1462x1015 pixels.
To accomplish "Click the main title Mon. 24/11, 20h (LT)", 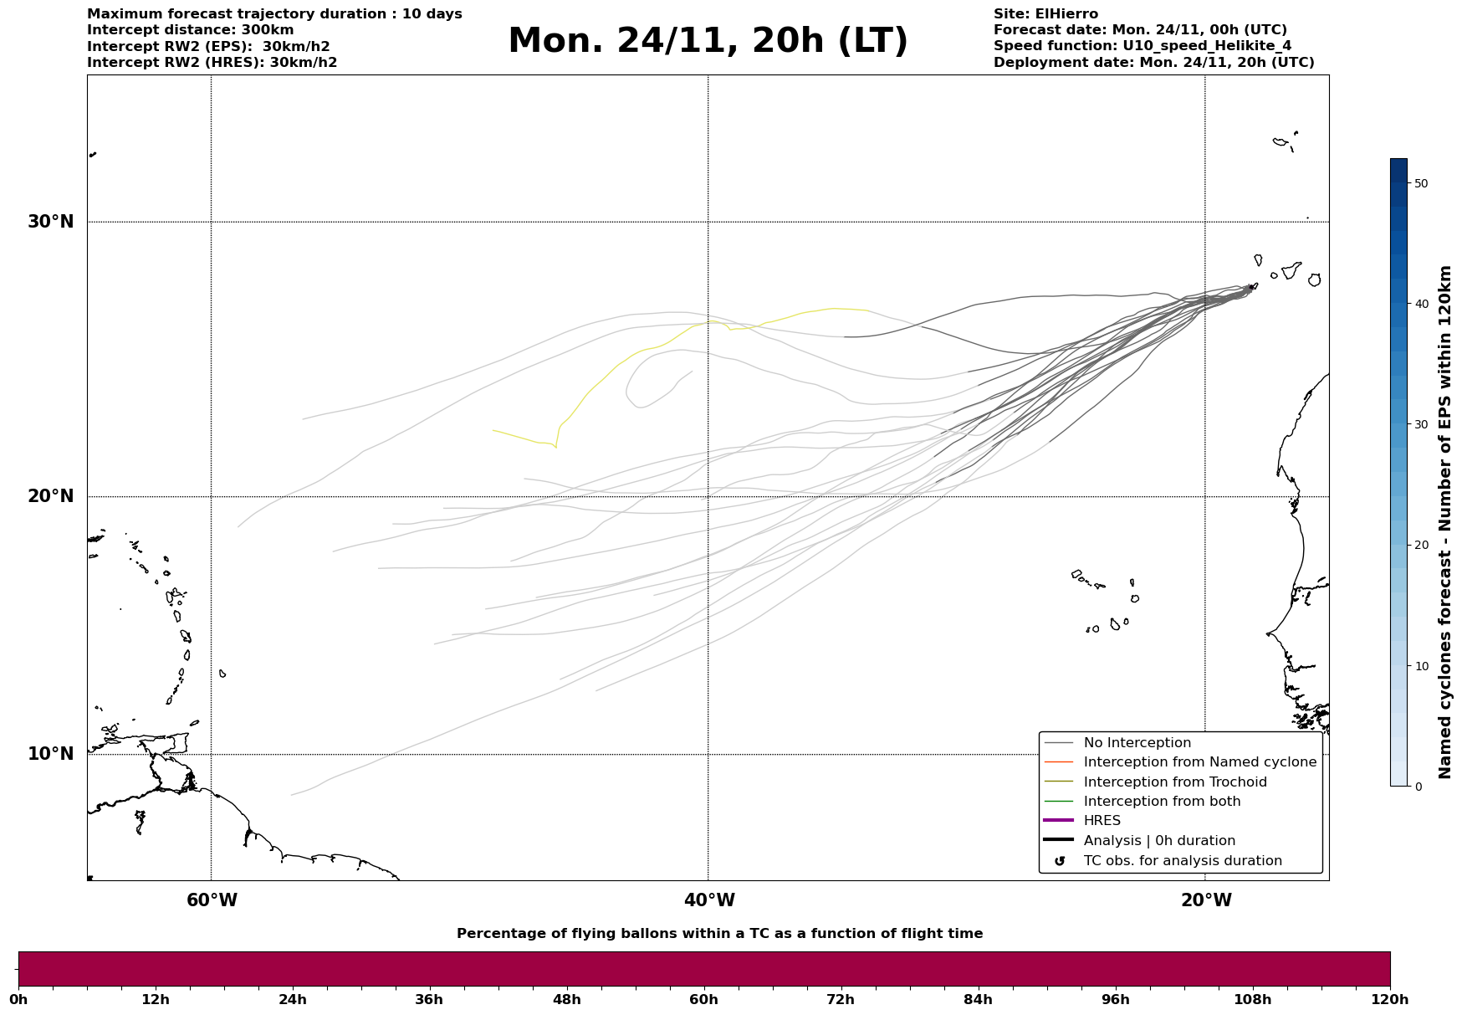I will coord(708,41).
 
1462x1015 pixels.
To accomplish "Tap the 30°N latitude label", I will coord(51,222).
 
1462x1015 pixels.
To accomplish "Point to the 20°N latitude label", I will coord(51,496).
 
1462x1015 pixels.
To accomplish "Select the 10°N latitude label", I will coord(51,754).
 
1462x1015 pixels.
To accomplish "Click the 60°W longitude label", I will coord(212,900).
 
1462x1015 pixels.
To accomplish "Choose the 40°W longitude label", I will coord(709,900).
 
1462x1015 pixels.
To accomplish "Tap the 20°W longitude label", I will coord(1206,900).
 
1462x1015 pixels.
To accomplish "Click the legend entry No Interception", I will coord(1137,743).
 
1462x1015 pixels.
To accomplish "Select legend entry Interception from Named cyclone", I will coord(1199,762).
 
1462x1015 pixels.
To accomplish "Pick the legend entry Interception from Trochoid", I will coord(1174,782).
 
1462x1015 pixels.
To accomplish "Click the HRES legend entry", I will coord(1102,821).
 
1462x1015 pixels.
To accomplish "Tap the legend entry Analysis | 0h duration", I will coord(1158,841).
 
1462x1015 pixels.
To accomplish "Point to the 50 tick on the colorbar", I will coord(1420,183).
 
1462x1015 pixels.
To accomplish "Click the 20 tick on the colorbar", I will coord(1420,545).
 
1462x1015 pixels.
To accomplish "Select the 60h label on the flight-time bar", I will coord(703,1000).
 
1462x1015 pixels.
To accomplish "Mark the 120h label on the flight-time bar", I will coord(1389,1000).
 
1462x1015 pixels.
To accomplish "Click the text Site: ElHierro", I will coord(1045,14).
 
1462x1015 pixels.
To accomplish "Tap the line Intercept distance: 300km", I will coord(190,30).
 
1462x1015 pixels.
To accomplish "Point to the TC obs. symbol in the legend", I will coord(1060,861).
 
